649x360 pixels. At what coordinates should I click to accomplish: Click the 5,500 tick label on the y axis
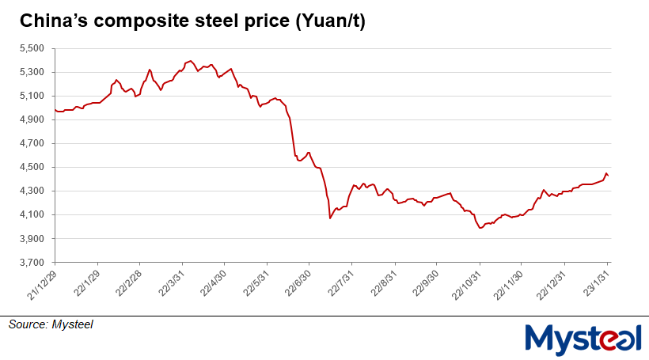coord(33,49)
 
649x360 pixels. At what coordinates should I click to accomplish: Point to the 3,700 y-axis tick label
coord(33,263)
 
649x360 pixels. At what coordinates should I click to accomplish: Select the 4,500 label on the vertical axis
coord(33,168)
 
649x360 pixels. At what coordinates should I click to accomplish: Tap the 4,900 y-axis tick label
coord(33,120)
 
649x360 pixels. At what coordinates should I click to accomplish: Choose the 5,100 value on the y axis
coord(33,97)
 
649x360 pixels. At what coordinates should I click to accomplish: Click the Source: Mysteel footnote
coord(51,324)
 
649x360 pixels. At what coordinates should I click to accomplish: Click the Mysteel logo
coord(583,338)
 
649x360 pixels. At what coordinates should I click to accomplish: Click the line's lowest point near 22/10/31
coord(480,228)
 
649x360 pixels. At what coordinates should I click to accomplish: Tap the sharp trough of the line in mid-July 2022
coord(330,218)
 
